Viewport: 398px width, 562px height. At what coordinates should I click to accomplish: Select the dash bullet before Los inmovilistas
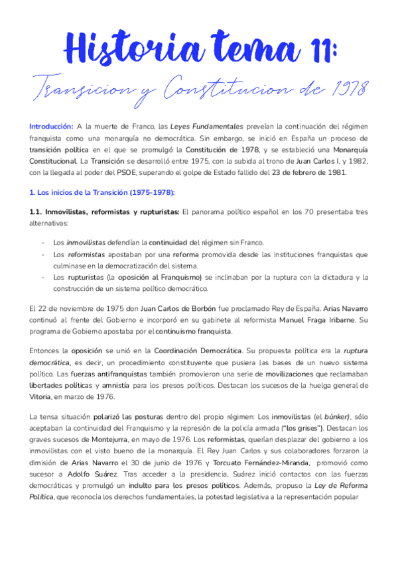click(x=43, y=243)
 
